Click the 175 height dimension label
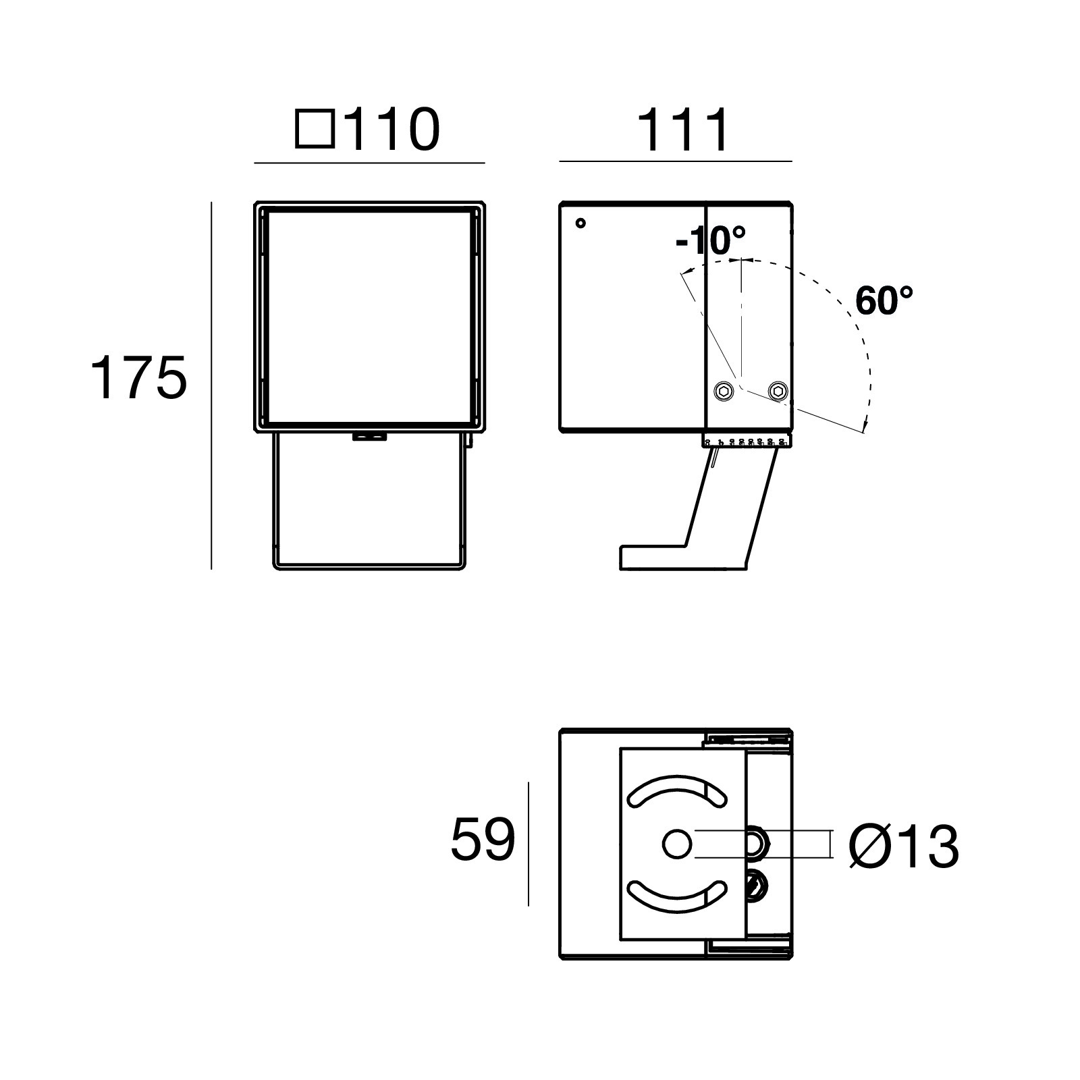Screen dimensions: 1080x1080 point(138,378)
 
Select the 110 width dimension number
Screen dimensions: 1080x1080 point(392,129)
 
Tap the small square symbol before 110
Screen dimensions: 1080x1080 point(315,130)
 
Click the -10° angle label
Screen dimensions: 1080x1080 point(711,240)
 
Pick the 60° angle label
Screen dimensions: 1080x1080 point(884,301)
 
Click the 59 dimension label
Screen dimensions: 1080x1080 point(483,840)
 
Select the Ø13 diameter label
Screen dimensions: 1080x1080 point(904,846)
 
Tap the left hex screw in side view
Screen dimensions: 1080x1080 point(724,390)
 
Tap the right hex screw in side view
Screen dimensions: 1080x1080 point(778,390)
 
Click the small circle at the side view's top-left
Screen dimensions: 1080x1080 point(580,223)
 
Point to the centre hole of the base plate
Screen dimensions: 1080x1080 point(676,844)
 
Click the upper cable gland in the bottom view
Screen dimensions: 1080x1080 point(757,844)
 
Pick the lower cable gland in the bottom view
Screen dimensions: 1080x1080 point(757,885)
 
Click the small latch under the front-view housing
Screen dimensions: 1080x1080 point(369,437)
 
